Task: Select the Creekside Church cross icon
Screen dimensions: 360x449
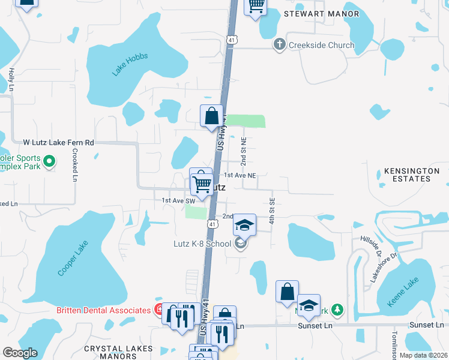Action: coord(279,44)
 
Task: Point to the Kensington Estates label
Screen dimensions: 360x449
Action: coord(412,175)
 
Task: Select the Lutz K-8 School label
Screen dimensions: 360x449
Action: coord(202,244)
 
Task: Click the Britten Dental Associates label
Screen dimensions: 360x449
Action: coord(103,310)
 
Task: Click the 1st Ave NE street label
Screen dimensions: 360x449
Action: coord(240,175)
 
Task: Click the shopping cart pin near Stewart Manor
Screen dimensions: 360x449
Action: coord(256,6)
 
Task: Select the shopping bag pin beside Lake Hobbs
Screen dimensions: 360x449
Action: coord(212,115)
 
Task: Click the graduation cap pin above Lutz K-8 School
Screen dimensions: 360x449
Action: coord(244,225)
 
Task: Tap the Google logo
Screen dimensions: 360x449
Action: coord(20,353)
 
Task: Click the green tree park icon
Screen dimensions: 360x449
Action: coord(339,310)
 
